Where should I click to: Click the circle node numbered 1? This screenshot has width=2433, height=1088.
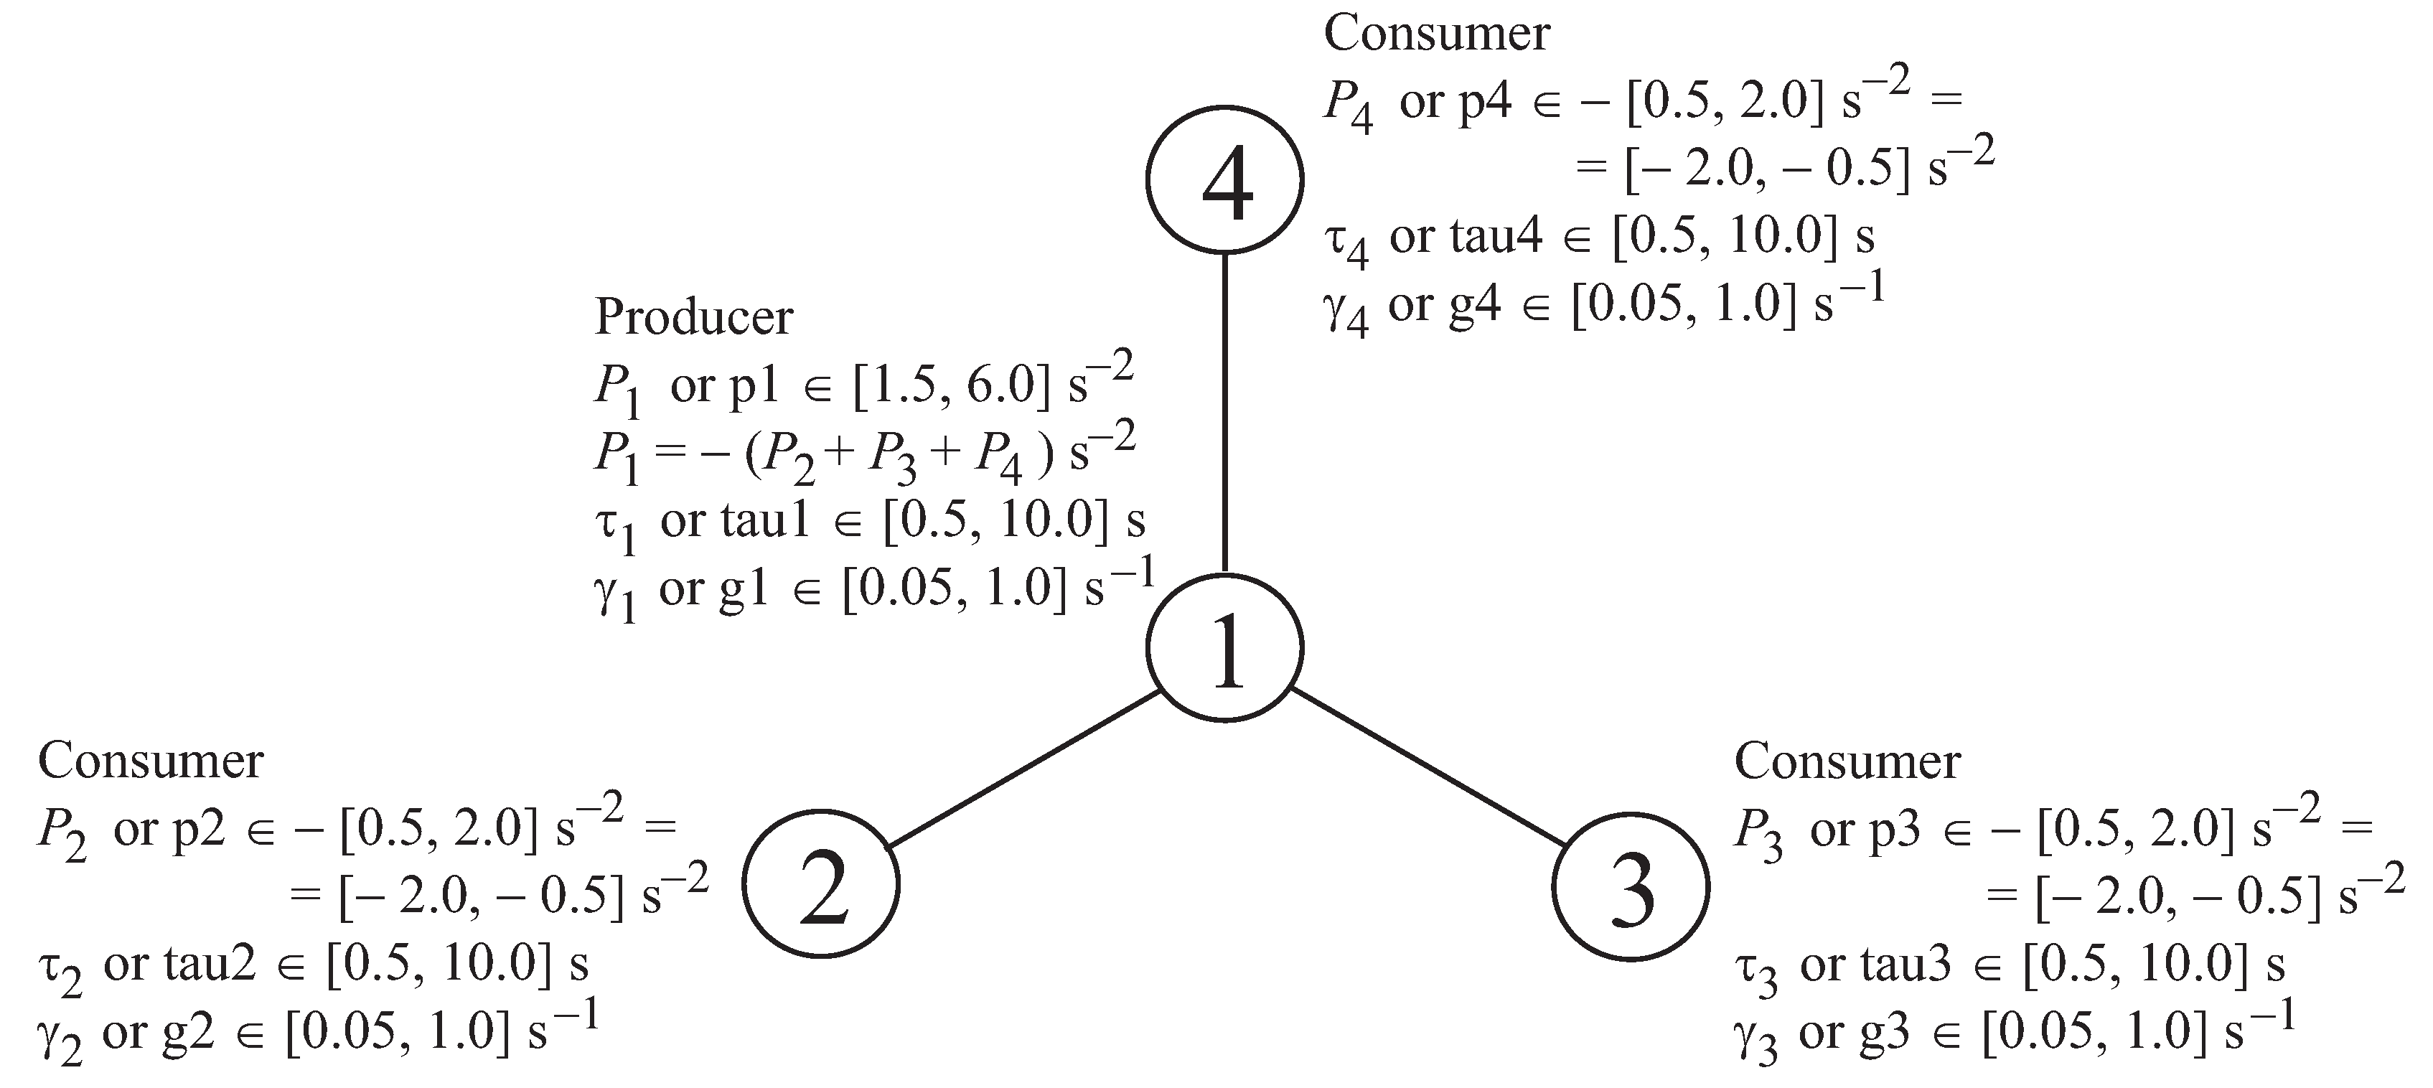1225,648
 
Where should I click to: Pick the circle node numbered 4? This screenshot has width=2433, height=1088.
1225,179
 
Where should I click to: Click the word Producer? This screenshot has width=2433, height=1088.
694,317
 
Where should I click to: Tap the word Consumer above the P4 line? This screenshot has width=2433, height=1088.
1437,34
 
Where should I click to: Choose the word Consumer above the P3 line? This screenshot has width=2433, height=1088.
1847,761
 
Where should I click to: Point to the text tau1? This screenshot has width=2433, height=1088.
765,520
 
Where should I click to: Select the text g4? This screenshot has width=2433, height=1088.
1476,305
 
